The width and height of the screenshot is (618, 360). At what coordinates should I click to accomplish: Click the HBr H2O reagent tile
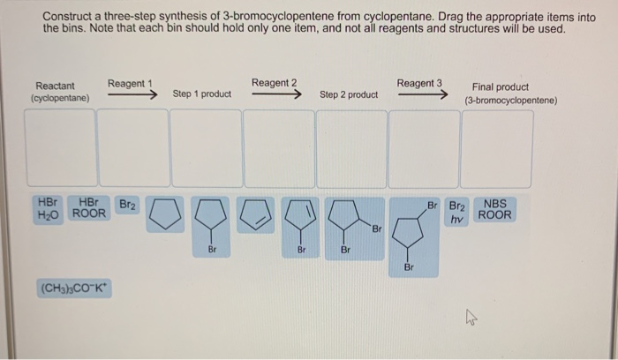pyautogui.click(x=48, y=210)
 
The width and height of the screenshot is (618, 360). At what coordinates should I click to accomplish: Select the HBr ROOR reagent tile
pyautogui.click(x=89, y=208)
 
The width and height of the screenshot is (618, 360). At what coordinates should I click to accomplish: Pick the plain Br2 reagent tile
pyautogui.click(x=127, y=206)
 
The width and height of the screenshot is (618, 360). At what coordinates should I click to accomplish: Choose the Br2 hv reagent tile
pyautogui.click(x=457, y=213)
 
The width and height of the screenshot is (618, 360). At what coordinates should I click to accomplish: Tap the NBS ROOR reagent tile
pyautogui.click(x=494, y=209)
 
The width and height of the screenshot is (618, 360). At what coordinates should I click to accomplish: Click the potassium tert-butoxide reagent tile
pyautogui.click(x=74, y=289)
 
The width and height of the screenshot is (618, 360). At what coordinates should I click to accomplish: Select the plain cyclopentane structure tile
pyautogui.click(x=165, y=214)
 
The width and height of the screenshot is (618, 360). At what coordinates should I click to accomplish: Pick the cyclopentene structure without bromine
pyautogui.click(x=255, y=214)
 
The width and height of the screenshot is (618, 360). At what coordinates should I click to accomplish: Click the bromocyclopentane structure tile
pyautogui.click(x=211, y=227)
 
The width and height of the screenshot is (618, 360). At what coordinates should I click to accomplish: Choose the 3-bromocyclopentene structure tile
pyautogui.click(x=300, y=228)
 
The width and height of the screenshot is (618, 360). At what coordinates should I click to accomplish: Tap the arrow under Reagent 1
pyautogui.click(x=132, y=94)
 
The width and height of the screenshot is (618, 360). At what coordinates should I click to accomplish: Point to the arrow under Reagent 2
pyautogui.click(x=276, y=94)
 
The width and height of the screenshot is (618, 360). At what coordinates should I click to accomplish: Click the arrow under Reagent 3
pyautogui.click(x=423, y=94)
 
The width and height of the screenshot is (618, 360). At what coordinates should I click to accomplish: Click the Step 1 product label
pyautogui.click(x=202, y=94)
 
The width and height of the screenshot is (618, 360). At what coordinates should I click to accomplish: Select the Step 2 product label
pyautogui.click(x=349, y=94)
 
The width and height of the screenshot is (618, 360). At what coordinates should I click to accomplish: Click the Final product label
pyautogui.click(x=501, y=86)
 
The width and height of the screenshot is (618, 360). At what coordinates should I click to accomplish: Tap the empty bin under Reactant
pyautogui.click(x=61, y=147)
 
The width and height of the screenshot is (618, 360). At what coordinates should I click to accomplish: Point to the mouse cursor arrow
pyautogui.click(x=471, y=317)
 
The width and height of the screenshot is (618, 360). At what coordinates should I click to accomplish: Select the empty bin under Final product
pyautogui.click(x=496, y=149)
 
